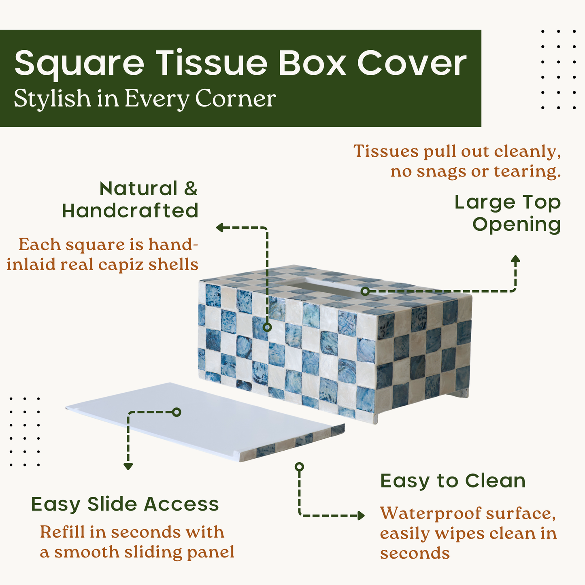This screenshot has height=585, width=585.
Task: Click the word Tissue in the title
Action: (212, 63)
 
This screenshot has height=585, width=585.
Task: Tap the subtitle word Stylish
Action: (52, 99)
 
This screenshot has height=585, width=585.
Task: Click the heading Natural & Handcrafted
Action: (130, 200)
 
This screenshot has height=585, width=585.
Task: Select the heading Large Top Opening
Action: (507, 213)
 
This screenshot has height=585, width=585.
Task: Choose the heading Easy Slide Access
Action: (125, 504)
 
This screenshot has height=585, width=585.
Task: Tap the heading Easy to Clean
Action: (453, 481)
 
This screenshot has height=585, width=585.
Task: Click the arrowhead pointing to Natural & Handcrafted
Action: (220, 228)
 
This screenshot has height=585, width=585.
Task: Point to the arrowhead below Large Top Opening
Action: (515, 259)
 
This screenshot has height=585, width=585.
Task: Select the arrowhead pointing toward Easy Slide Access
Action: (128, 466)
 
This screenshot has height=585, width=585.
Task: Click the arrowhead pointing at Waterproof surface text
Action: (361, 515)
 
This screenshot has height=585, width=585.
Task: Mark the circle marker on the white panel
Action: (177, 412)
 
